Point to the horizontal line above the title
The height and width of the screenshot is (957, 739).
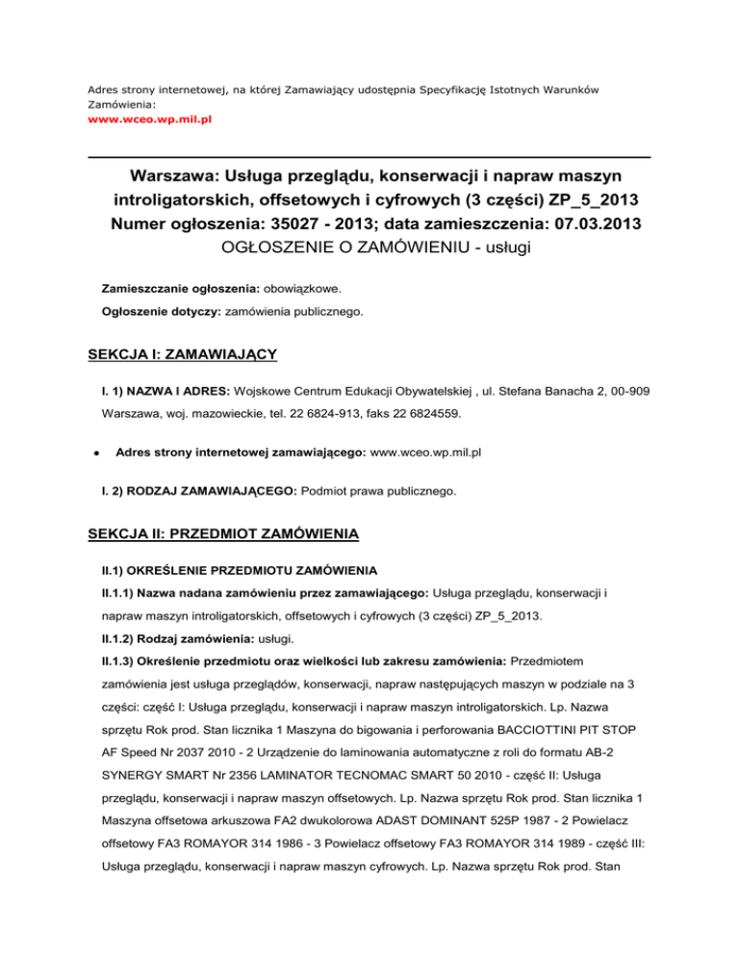click(x=369, y=157)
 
